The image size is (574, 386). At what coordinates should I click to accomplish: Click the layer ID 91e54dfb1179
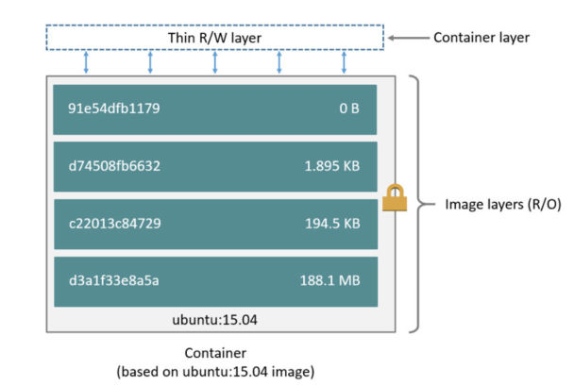click(x=114, y=109)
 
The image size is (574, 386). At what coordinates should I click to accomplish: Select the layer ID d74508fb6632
click(x=114, y=166)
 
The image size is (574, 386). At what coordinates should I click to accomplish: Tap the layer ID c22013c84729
click(x=114, y=224)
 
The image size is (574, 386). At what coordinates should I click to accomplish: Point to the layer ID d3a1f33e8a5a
click(x=114, y=280)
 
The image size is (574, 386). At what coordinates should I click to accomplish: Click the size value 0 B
click(x=349, y=109)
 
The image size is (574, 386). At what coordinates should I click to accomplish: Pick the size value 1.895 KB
click(x=332, y=166)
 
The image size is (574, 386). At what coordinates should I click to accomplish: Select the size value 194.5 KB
click(x=332, y=224)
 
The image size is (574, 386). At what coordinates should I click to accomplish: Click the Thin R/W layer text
click(x=215, y=39)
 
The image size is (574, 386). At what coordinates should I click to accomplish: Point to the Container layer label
click(x=481, y=39)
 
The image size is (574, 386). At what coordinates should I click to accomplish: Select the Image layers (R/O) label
click(x=504, y=204)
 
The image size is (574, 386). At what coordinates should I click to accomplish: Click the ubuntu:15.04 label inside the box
click(x=215, y=319)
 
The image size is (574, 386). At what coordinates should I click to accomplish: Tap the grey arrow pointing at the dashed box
click(x=407, y=39)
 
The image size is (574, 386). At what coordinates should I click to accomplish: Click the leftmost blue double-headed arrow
click(x=86, y=62)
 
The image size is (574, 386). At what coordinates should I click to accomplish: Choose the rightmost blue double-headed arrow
click(x=344, y=62)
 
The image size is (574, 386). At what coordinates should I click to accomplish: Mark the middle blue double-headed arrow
click(x=215, y=62)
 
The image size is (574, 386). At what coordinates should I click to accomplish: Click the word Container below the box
click(x=215, y=353)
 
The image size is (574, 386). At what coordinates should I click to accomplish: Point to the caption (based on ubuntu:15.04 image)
click(x=215, y=372)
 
